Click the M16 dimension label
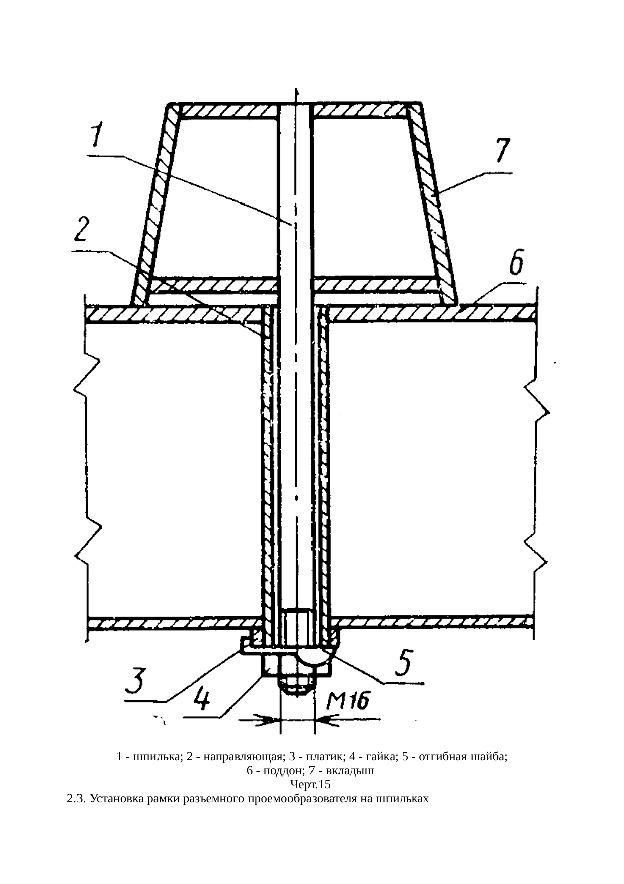(x=349, y=701)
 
